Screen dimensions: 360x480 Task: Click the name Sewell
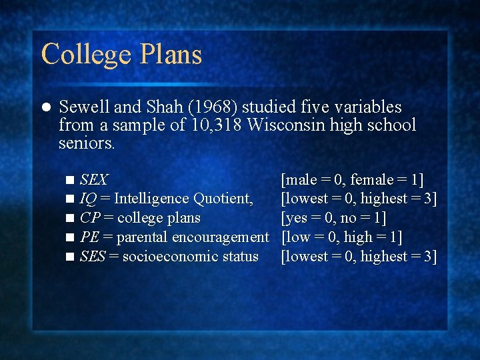click(x=83, y=107)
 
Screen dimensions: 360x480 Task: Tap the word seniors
click(x=87, y=142)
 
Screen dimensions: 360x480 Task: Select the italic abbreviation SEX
click(x=93, y=179)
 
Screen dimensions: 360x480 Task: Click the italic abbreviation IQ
click(x=87, y=199)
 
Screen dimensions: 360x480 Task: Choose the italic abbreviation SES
click(x=92, y=256)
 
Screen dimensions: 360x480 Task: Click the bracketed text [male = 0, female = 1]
click(x=353, y=179)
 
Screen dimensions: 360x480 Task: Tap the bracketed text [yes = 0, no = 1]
click(x=334, y=218)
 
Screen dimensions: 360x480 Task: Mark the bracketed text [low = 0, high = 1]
click(x=342, y=237)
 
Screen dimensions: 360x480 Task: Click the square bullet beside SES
click(x=70, y=257)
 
